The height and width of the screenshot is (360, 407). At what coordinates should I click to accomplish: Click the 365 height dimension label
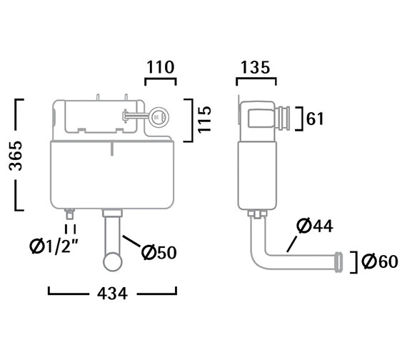click(16, 155)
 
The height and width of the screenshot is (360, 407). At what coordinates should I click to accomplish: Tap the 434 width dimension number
click(112, 294)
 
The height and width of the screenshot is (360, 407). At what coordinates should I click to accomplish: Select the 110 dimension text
click(161, 67)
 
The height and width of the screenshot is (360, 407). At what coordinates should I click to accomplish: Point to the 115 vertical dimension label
click(204, 119)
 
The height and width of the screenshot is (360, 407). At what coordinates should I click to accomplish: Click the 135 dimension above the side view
click(256, 67)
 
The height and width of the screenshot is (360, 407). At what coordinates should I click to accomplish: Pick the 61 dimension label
click(315, 119)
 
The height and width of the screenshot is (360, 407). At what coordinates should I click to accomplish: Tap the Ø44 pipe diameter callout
click(315, 226)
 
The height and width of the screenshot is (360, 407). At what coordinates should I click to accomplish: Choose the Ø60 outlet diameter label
click(380, 261)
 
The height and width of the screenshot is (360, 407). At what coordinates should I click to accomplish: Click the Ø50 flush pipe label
click(159, 252)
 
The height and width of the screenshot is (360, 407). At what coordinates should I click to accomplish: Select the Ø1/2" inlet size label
click(54, 246)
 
